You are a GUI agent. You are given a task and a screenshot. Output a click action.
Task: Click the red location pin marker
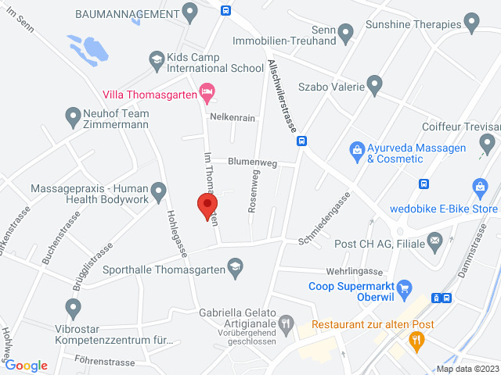click(x=207, y=206)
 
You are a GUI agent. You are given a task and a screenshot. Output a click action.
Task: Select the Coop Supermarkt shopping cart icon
click(x=405, y=289)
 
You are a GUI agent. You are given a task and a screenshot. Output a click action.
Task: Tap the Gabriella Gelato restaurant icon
click(x=287, y=322)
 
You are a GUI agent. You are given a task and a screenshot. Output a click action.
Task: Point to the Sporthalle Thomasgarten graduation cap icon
click(x=234, y=270)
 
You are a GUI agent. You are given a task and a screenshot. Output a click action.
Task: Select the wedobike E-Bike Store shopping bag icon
click(x=481, y=187)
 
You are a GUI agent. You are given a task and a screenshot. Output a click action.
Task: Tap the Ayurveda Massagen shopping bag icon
click(x=356, y=148)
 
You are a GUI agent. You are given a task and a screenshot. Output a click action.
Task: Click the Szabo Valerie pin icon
click(x=374, y=82)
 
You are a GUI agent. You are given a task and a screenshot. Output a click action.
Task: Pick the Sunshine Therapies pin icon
click(x=471, y=22)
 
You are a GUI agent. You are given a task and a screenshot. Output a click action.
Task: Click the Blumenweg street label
click(x=252, y=162)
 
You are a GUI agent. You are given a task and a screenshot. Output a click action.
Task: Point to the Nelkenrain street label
click(x=232, y=117)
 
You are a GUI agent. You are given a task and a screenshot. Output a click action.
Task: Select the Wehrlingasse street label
click(x=350, y=271)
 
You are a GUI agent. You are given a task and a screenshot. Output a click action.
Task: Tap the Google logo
click(x=26, y=366)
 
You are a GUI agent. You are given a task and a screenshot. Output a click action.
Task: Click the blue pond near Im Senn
click(x=88, y=49)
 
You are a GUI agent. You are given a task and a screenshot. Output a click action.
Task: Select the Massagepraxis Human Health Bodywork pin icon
click(x=159, y=191)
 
